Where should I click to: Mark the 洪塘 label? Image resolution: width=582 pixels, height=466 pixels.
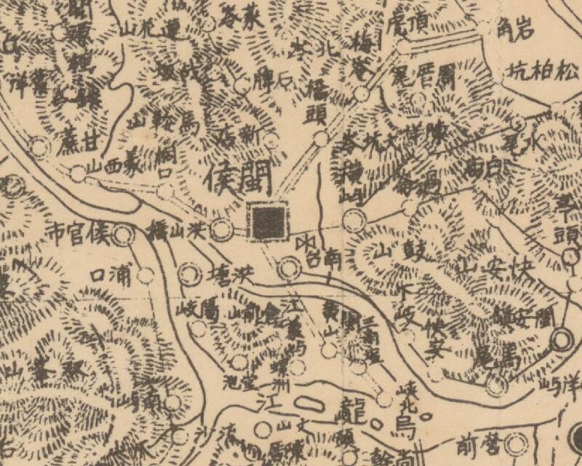pyautogui.click(x=229, y=275)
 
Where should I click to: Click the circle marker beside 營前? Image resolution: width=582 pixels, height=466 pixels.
pyautogui.click(x=517, y=442)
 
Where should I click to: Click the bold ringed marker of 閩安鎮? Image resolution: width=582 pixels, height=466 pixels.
pyautogui.click(x=561, y=339)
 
